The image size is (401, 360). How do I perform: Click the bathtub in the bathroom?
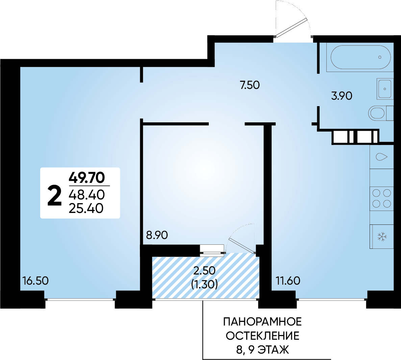point(360,57)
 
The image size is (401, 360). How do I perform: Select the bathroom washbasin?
point(385,89)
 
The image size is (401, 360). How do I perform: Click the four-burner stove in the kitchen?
point(381,198)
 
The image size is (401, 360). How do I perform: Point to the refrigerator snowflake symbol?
point(382,237)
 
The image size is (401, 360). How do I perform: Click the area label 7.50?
point(250,85)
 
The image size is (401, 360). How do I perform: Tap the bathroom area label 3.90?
point(342,96)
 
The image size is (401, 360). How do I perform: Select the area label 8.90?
point(157,235)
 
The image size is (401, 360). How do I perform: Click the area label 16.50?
point(35,281)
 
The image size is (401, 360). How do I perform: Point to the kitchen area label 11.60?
point(288,281)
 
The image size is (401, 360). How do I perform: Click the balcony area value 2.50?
point(205,270)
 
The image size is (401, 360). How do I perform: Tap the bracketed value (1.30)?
point(205,284)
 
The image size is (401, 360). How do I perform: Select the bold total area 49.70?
point(87,177)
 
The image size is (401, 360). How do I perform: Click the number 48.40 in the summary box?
point(87,195)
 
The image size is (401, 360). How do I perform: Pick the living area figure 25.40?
point(86,208)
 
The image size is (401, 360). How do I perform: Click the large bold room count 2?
point(54,196)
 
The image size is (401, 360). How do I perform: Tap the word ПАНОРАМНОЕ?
point(262,322)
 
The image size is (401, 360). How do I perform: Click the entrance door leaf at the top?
point(291,28)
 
